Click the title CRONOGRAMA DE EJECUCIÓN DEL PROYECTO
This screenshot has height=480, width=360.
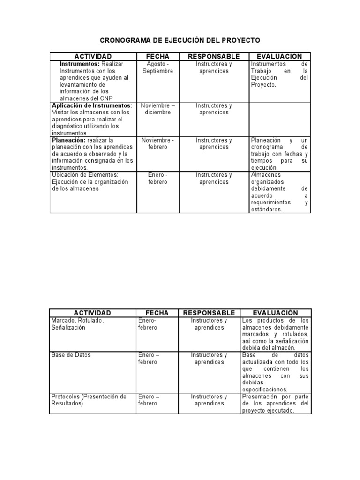coord(180,40)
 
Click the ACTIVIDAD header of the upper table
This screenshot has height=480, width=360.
coord(92,57)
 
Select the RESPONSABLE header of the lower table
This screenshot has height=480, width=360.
coord(209,313)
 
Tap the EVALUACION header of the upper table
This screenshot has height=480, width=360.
coord(279,57)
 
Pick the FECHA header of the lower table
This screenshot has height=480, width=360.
coord(157,313)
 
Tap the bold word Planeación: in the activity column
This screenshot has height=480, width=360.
coord(69,140)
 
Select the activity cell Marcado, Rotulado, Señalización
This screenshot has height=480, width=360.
coord(77,324)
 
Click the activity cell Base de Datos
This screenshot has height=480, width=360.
coord(71,355)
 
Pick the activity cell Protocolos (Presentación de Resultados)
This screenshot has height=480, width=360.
coord(89,400)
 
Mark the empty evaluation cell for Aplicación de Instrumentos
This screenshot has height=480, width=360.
coord(279,119)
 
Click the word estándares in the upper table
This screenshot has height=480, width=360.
coord(267,210)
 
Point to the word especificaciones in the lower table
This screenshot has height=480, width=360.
coord(265,389)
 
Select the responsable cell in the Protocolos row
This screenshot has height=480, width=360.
coord(209,400)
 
